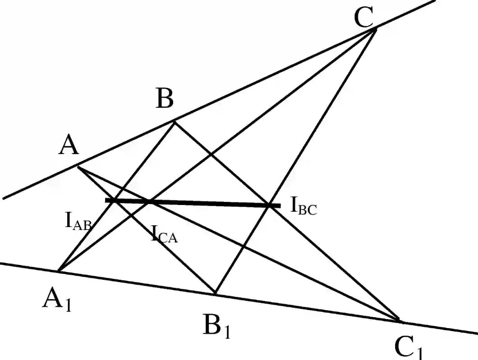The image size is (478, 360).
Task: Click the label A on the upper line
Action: point(69,147)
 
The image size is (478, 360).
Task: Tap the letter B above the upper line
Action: point(165,100)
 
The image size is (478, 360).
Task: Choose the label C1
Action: point(409,347)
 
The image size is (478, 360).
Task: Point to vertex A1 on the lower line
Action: point(59,271)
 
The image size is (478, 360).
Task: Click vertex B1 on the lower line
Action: point(216,294)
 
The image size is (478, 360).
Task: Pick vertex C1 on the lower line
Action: point(399,321)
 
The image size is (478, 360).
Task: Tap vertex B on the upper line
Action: point(175,121)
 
